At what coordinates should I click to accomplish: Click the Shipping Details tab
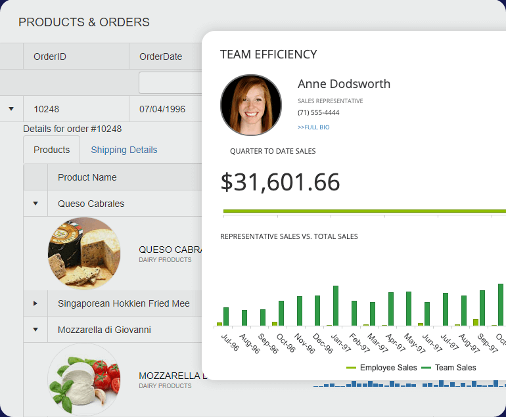tap(124, 150)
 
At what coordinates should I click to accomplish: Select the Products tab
tap(51, 150)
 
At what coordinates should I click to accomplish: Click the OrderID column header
tap(50, 56)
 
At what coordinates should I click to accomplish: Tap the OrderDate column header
tap(160, 56)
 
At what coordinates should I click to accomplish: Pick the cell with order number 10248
tap(46, 109)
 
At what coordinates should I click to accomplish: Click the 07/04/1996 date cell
tap(162, 109)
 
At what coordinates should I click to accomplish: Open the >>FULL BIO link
tap(313, 127)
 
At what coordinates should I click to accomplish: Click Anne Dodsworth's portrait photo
tap(251, 104)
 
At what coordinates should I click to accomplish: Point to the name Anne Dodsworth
tap(344, 84)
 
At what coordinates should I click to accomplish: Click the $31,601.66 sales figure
tap(280, 182)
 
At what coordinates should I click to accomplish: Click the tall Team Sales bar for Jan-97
tap(336, 305)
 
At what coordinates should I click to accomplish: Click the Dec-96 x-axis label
tap(323, 343)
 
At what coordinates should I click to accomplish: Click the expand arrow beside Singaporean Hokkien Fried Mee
tap(35, 303)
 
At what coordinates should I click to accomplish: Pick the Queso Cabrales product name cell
tap(91, 204)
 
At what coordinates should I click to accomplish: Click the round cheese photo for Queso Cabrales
tap(84, 253)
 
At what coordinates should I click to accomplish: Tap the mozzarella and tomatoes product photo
tap(84, 380)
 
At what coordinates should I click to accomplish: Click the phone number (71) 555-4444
tap(319, 113)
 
